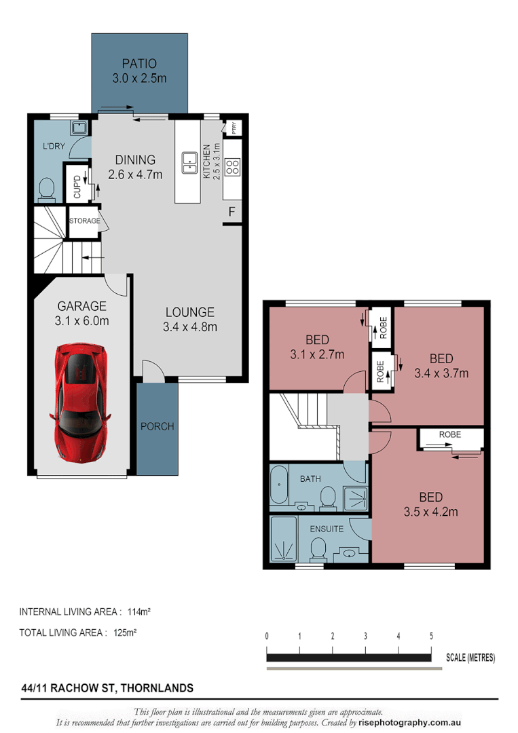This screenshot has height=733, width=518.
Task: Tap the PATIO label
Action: (139, 64)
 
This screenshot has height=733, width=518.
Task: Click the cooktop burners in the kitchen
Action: (232, 166)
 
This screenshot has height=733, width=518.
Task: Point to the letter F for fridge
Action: (232, 212)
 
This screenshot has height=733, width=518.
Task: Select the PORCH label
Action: (157, 426)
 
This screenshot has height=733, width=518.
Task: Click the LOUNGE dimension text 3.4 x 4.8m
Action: (190, 327)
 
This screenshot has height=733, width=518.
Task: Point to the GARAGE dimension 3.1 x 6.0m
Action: (82, 321)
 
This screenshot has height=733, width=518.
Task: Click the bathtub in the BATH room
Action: (279, 487)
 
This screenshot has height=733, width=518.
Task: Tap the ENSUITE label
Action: (327, 529)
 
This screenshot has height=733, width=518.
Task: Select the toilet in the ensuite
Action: (317, 548)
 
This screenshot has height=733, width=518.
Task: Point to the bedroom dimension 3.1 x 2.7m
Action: (317, 354)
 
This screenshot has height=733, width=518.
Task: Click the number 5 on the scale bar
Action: (431, 636)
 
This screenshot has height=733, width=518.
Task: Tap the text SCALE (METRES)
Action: (470, 658)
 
